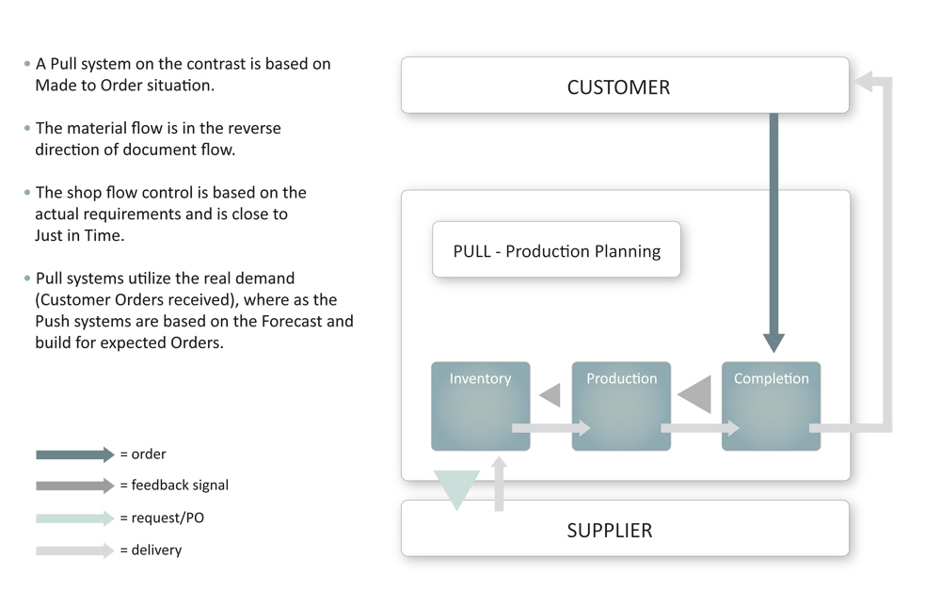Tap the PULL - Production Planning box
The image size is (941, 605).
click(x=556, y=250)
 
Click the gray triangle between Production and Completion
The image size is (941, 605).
click(x=697, y=394)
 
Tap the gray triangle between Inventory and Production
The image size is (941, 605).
click(x=551, y=394)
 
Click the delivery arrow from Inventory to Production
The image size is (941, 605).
click(x=550, y=428)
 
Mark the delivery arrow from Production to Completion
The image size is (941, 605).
click(x=699, y=428)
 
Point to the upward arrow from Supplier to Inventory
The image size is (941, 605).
click(x=499, y=484)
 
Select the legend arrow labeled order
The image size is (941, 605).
click(x=75, y=454)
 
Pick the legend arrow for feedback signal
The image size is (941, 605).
click(x=75, y=486)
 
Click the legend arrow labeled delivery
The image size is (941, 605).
click(x=75, y=550)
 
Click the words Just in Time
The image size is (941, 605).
click(x=79, y=235)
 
